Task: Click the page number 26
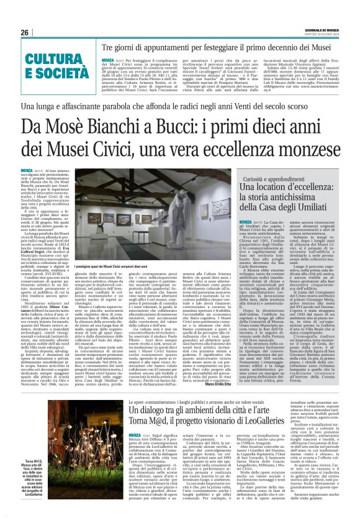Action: point(25,32)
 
